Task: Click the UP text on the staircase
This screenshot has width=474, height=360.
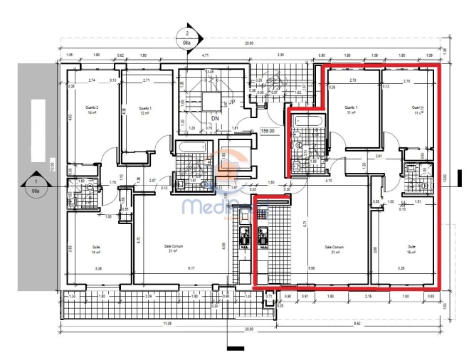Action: click(232, 102)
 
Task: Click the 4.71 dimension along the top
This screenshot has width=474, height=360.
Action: click(204, 54)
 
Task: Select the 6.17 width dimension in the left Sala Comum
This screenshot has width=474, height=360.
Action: click(190, 268)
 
